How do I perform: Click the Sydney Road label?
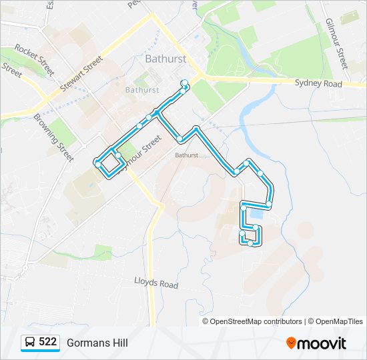click(318, 84)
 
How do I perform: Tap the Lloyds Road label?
click(157, 283)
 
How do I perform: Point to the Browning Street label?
click(53, 137)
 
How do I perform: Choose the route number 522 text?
click(47, 342)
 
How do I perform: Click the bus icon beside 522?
click(30, 343)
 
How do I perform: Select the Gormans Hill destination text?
click(97, 343)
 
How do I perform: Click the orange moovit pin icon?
click(291, 343)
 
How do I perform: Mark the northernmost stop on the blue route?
click(185, 83)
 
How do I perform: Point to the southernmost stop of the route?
click(250, 243)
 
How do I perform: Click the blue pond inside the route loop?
click(256, 215)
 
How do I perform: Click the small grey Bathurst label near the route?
click(187, 155)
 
